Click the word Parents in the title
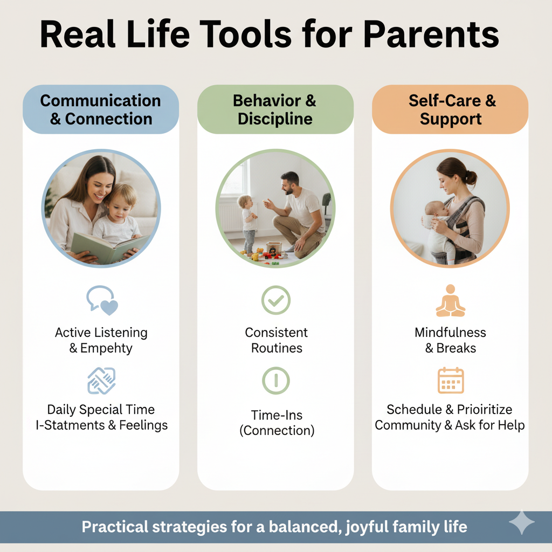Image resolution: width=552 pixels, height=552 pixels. (x=431, y=34)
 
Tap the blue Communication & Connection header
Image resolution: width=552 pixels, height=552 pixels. (x=101, y=109)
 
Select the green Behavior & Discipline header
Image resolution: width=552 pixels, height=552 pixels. (x=275, y=109)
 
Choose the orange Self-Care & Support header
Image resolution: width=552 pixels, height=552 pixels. (x=450, y=109)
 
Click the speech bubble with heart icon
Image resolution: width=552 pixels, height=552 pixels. (x=102, y=300)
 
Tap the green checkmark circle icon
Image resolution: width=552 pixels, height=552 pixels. (x=276, y=300)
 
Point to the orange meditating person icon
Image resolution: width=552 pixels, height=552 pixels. (x=451, y=301)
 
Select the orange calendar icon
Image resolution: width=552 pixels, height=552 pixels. (x=451, y=380)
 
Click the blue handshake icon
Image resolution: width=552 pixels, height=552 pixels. (x=101, y=381)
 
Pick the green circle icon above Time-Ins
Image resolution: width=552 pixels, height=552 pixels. (x=276, y=381)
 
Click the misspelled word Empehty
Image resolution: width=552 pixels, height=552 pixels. (x=106, y=348)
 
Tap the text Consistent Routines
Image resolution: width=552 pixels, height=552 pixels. (x=277, y=340)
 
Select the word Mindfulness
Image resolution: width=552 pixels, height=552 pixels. (x=450, y=332)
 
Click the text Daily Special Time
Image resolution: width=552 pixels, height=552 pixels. (x=101, y=410)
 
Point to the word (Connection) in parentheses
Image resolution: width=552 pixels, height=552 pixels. (x=277, y=431)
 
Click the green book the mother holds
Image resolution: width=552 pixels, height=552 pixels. (x=109, y=248)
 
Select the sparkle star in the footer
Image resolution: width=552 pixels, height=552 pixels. (x=522, y=522)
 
